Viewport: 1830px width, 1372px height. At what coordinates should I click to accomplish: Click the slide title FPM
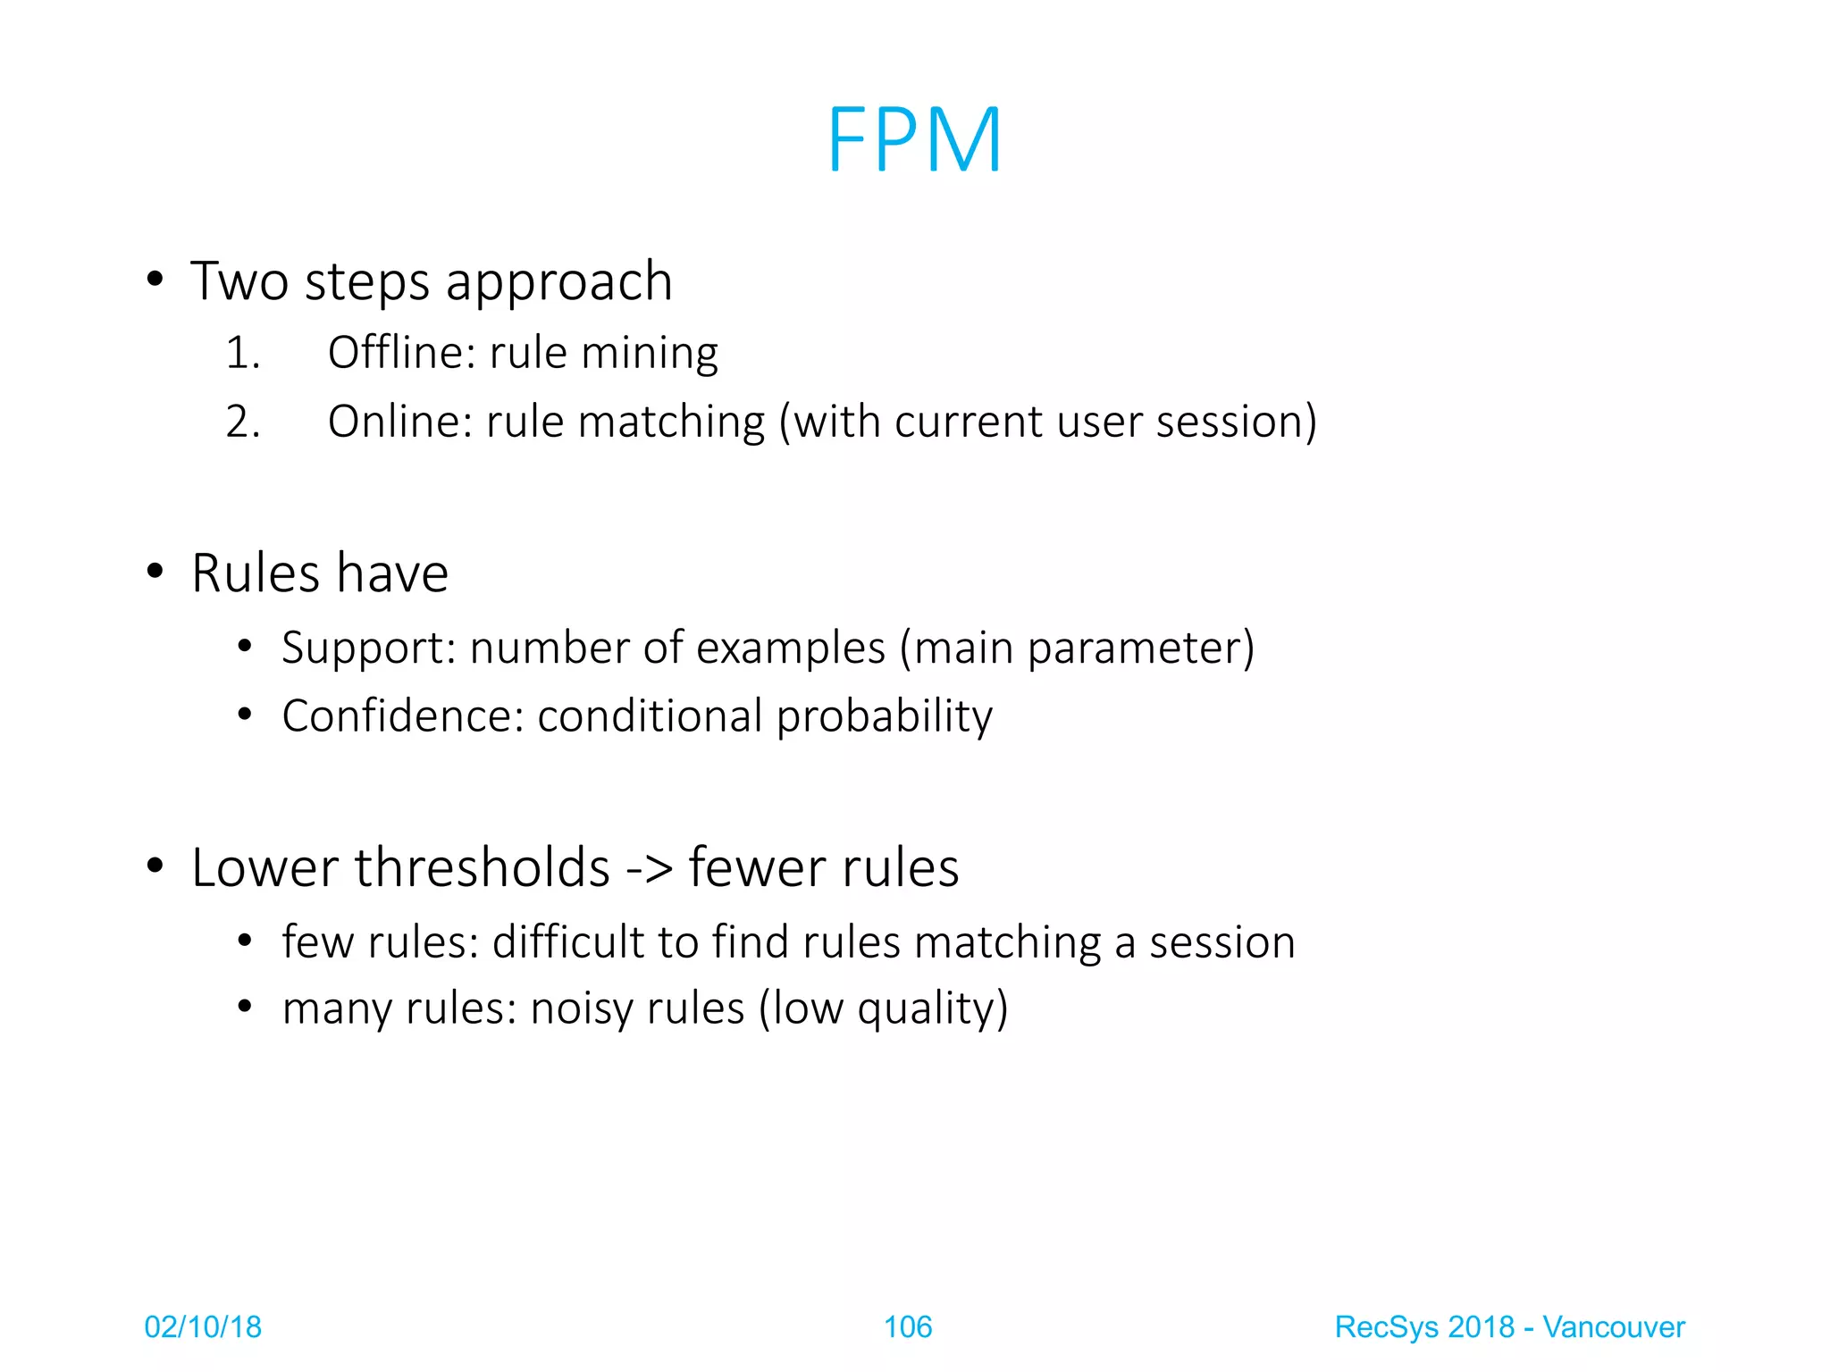coord(914,139)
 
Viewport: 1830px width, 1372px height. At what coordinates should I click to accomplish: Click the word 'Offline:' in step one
coord(401,352)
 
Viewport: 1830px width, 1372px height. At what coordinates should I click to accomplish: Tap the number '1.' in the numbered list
coord(242,352)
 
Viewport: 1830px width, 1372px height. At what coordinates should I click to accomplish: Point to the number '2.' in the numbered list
coord(242,422)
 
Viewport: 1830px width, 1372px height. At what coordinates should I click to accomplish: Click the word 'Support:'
coord(369,648)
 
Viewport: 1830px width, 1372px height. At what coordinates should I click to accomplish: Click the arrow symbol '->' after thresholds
coord(649,867)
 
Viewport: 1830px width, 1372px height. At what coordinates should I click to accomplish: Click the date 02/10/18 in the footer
coord(203,1327)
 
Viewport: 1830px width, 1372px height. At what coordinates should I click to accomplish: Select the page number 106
coord(908,1327)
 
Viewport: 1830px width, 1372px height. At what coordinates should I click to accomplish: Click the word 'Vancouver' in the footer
coord(1614,1327)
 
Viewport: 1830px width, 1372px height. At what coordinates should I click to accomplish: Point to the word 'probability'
coord(885,716)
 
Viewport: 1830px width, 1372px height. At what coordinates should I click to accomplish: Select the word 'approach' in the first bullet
coord(558,282)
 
